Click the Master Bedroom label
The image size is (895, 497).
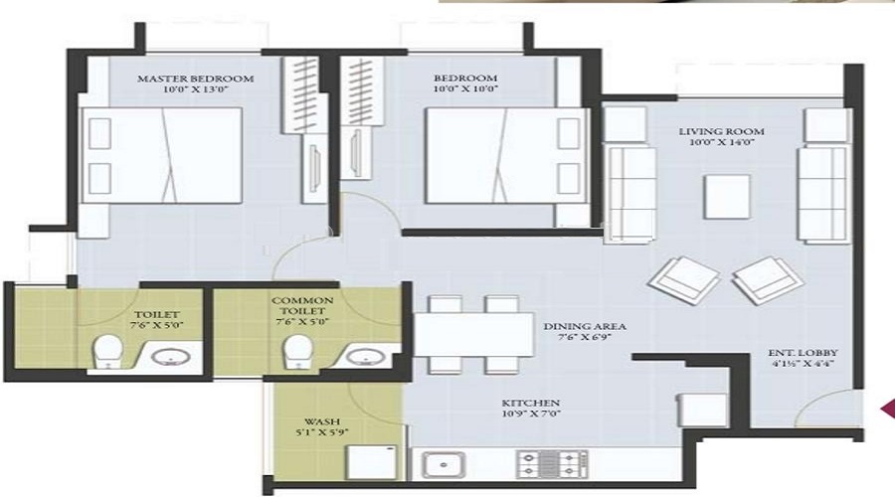coord(195,78)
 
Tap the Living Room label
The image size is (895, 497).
coord(713,131)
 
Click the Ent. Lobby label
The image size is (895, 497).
coord(805,353)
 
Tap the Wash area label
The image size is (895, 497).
coord(322,420)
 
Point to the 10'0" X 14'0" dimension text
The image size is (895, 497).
coord(713,143)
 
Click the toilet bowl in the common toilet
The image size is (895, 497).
coord(295,350)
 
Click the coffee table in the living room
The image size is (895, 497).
coord(727,196)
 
